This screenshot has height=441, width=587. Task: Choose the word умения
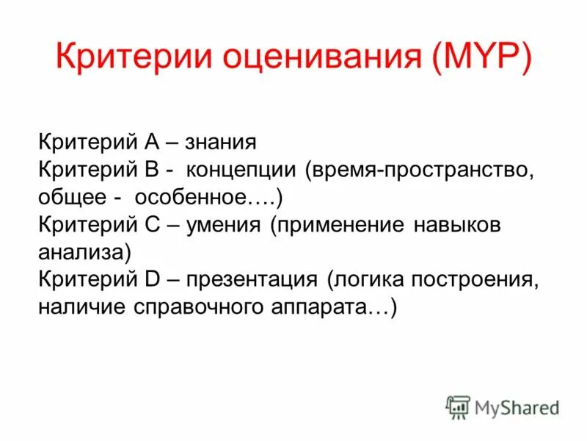(x=223, y=225)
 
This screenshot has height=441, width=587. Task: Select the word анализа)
(x=84, y=252)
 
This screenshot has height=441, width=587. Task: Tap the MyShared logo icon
(x=458, y=406)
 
